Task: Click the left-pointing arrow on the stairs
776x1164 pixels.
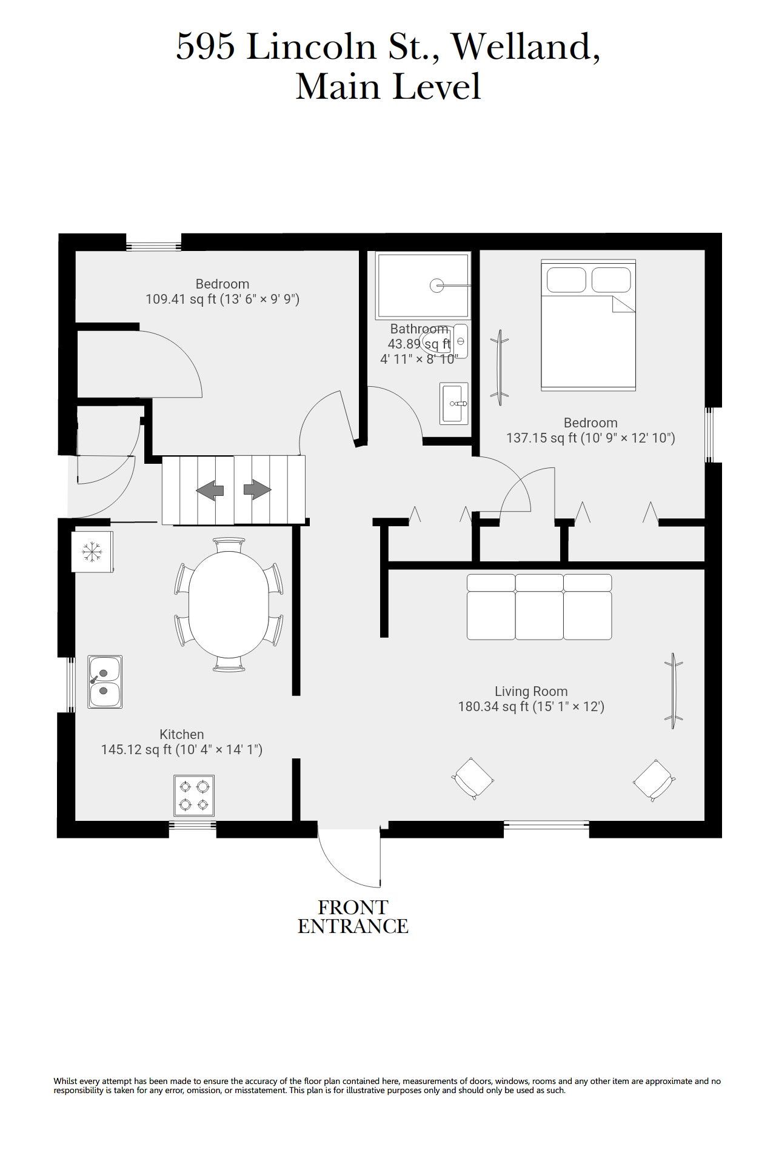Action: tap(210, 490)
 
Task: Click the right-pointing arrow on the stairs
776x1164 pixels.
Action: tap(257, 490)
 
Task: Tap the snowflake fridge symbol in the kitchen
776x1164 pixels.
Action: tap(92, 552)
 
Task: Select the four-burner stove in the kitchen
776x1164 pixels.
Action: tap(194, 795)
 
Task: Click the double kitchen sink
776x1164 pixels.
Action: tap(105, 681)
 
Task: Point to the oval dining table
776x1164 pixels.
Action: tap(229, 604)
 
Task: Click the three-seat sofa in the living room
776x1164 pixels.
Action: tap(540, 607)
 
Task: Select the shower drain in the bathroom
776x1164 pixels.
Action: tap(437, 285)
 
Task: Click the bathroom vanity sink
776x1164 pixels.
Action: tap(454, 403)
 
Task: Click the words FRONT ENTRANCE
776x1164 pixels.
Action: tap(353, 917)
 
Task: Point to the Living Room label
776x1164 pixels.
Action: tap(531, 691)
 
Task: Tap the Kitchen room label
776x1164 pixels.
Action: tap(182, 734)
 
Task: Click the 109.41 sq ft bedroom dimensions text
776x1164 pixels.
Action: tap(222, 299)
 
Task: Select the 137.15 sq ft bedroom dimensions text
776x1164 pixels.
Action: tap(590, 438)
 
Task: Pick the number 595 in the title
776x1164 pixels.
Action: tap(205, 47)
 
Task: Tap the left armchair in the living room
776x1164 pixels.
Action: tap(473, 778)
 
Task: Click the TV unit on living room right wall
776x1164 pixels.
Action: tap(673, 691)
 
